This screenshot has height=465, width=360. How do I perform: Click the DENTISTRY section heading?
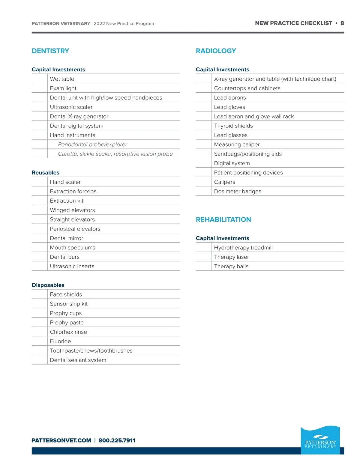(x=50, y=51)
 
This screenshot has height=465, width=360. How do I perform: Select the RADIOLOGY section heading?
(x=216, y=51)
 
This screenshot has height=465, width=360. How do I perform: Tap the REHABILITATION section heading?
(x=223, y=219)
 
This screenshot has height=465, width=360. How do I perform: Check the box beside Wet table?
(x=40, y=79)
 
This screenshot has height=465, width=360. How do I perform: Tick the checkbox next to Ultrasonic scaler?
(x=40, y=107)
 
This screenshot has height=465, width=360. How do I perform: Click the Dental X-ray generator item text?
(x=79, y=116)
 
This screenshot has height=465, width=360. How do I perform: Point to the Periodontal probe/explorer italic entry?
(x=92, y=145)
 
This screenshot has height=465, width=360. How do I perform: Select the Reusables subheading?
(x=46, y=173)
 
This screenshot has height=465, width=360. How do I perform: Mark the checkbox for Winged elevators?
(x=40, y=210)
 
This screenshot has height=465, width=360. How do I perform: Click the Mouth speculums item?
(x=72, y=248)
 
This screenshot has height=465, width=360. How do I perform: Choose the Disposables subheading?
(x=48, y=285)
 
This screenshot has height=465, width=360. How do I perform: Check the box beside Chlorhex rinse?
(x=40, y=332)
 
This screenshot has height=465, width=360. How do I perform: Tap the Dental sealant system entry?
(x=78, y=360)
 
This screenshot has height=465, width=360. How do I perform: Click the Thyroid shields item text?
(x=233, y=126)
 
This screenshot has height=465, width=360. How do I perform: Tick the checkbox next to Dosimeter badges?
(x=204, y=191)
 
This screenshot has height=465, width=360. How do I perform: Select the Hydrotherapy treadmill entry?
(x=243, y=248)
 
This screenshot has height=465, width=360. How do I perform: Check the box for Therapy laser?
(x=204, y=257)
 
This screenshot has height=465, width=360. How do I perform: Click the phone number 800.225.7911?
(x=117, y=440)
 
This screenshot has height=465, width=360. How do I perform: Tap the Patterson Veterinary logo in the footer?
(x=320, y=440)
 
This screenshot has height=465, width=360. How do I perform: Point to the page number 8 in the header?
(x=342, y=23)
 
